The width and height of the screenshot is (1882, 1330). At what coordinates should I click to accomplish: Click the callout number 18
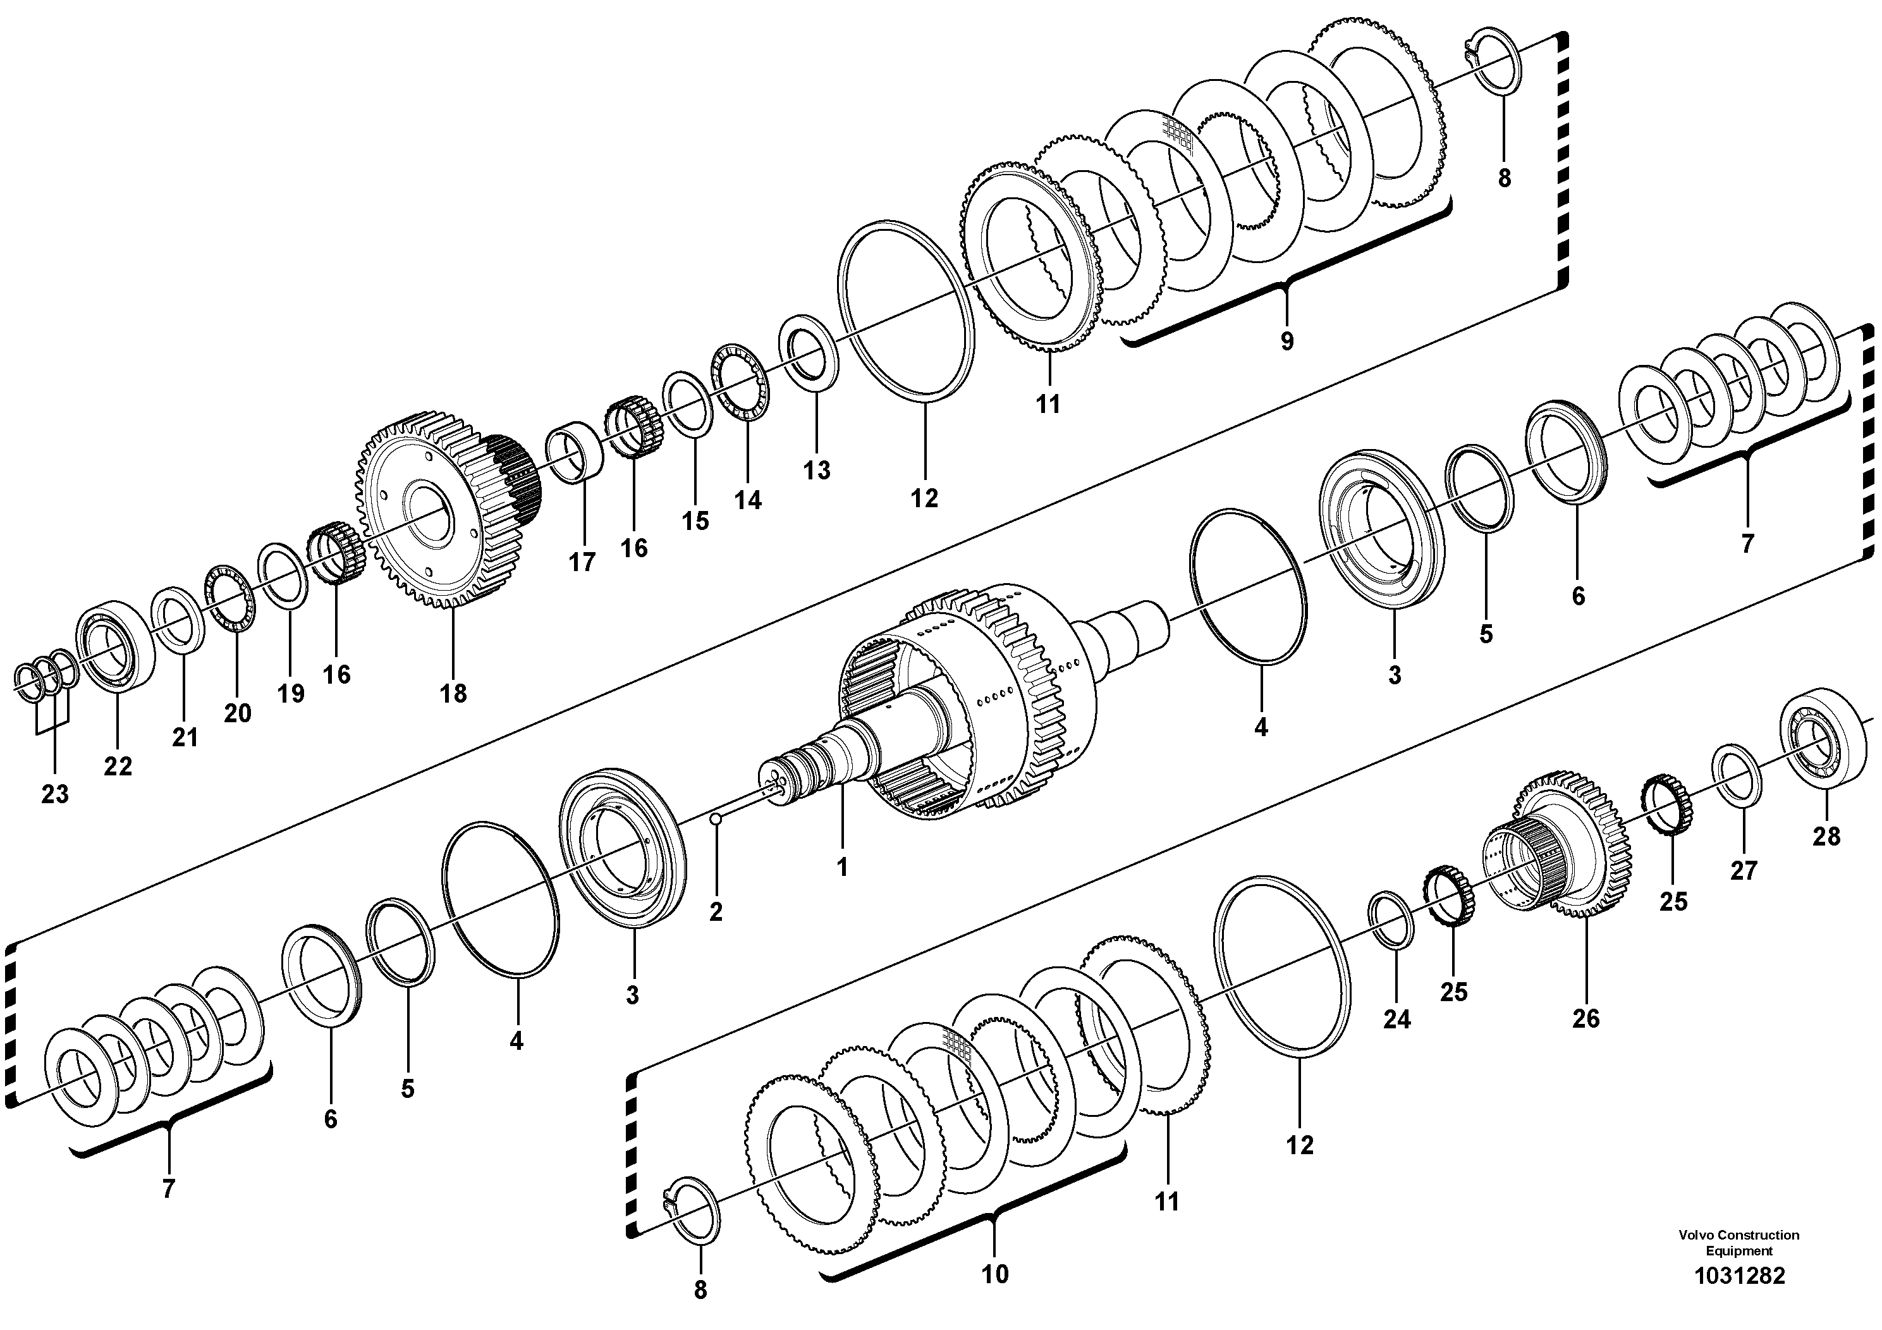(453, 693)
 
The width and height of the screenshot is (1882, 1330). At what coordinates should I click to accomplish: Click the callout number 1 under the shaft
(842, 866)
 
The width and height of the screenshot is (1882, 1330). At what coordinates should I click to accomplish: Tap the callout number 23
(55, 794)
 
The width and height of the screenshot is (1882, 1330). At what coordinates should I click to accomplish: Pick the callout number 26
(1586, 1018)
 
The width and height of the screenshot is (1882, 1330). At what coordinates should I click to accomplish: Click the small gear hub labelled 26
(1558, 844)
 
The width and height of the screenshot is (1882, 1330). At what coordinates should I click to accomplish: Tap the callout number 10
(994, 1274)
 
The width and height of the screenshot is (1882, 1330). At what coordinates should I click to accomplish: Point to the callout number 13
(816, 470)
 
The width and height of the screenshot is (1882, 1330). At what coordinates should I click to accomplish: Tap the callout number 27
(1744, 870)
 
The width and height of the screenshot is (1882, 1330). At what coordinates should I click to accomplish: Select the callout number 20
(237, 713)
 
